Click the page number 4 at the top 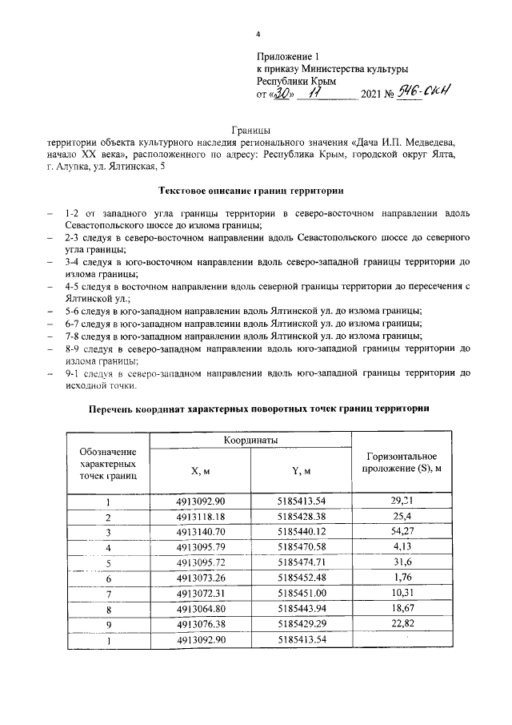pyautogui.click(x=258, y=34)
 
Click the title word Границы pyautogui.click(x=251, y=128)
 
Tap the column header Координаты pyautogui.click(x=250, y=441)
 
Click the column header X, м pyautogui.click(x=200, y=472)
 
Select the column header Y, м pyautogui.click(x=301, y=472)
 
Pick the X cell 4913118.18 pyautogui.click(x=200, y=517)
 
